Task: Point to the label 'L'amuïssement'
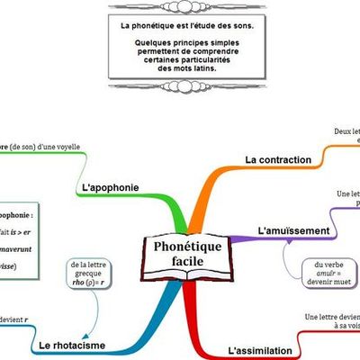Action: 292,231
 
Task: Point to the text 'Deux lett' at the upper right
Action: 346,130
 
